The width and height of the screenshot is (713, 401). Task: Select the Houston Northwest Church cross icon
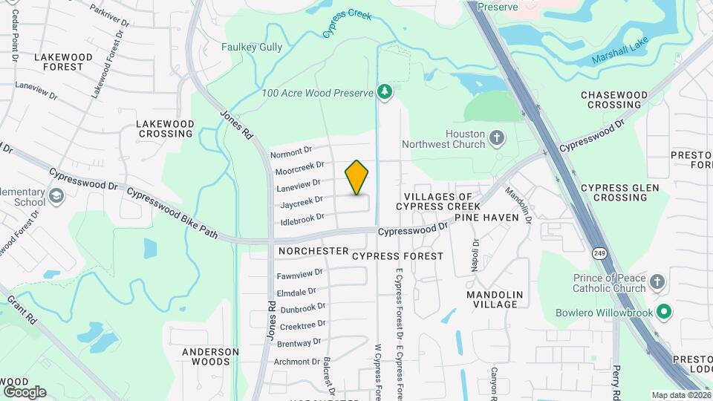point(497,137)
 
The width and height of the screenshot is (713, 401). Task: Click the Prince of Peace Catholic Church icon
point(657,281)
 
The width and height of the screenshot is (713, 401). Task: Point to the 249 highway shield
point(599,253)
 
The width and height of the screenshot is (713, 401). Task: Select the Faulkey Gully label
point(252,47)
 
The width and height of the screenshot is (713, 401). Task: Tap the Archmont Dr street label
point(297,362)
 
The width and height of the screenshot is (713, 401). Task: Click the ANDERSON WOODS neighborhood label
point(211,356)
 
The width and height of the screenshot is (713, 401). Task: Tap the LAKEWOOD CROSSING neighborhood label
point(165,128)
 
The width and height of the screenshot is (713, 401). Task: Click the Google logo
point(25,391)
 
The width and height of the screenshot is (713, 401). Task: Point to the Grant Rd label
point(22,311)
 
